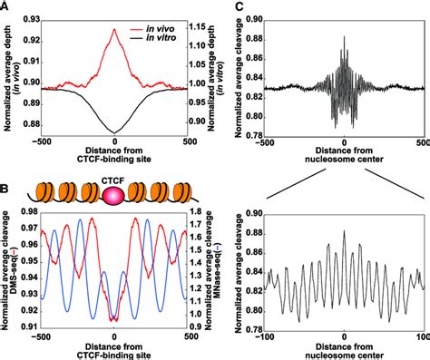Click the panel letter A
[x=6, y=7]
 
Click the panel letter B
[x=6, y=188]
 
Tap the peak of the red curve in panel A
[x=114, y=29]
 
